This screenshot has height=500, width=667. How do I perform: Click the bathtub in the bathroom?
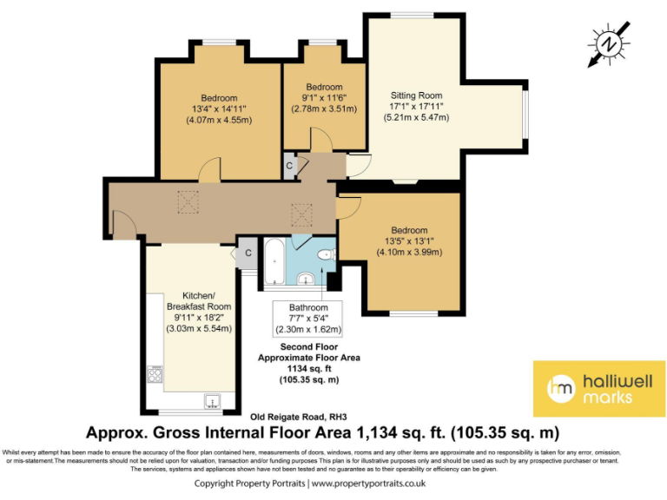[x=272, y=261]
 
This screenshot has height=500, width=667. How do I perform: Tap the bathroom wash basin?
[x=306, y=279]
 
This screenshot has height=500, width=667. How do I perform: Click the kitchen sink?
[x=211, y=400]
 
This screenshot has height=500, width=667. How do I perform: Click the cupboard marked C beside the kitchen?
[x=248, y=253]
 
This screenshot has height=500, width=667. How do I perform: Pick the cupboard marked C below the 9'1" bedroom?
[x=288, y=166]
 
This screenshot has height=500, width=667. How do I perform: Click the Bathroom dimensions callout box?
[x=308, y=319]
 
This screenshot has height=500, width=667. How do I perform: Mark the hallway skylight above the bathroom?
[x=301, y=213]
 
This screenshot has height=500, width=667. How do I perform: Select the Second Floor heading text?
[x=308, y=346]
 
